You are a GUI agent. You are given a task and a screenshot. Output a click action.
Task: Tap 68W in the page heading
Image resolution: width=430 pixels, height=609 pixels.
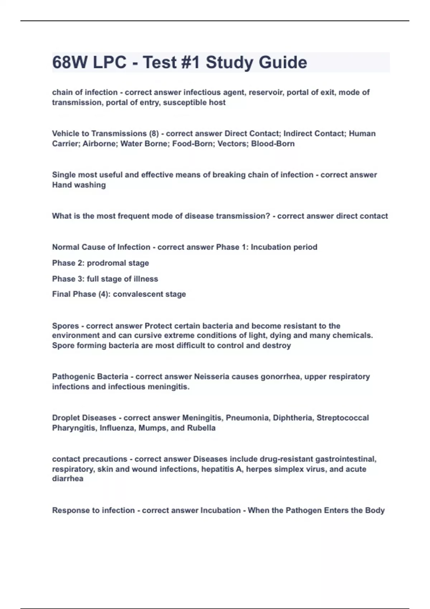70,62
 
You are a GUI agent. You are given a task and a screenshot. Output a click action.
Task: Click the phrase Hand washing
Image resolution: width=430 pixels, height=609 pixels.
79,185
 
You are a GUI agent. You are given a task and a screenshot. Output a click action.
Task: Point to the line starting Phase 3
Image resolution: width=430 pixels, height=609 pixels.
105,279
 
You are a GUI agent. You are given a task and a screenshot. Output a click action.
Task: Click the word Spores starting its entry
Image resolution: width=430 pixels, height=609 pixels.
66,326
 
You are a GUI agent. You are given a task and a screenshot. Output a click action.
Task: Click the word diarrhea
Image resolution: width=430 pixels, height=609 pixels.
68,479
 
